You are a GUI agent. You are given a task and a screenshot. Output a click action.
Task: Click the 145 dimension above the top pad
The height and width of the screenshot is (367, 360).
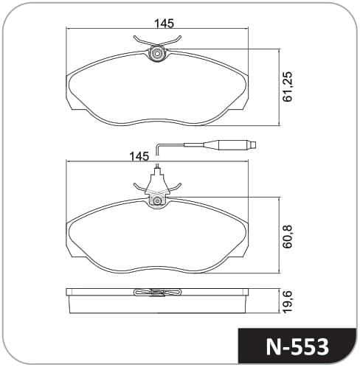(x=164, y=24)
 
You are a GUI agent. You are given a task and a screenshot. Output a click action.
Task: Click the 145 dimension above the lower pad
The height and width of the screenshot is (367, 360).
(x=139, y=156)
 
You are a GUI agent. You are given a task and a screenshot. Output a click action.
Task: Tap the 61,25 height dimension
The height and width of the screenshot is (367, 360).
(x=287, y=86)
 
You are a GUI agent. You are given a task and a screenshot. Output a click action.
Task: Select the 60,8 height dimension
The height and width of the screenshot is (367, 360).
(x=287, y=236)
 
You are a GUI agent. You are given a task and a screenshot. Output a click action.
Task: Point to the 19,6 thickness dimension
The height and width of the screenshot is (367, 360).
(x=287, y=301)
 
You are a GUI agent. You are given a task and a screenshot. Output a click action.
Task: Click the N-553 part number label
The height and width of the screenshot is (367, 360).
(x=297, y=347)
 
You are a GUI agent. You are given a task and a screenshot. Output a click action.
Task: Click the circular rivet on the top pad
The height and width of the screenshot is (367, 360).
(x=156, y=53)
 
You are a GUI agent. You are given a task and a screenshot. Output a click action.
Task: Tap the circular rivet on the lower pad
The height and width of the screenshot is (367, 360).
(x=156, y=200)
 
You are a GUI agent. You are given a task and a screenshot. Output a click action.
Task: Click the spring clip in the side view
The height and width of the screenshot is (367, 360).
(x=157, y=292)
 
